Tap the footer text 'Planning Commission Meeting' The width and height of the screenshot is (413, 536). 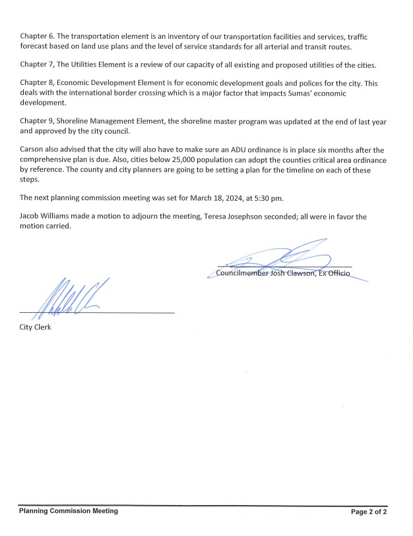(x=69, y=511)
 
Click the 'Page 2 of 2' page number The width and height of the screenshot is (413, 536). (x=369, y=511)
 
